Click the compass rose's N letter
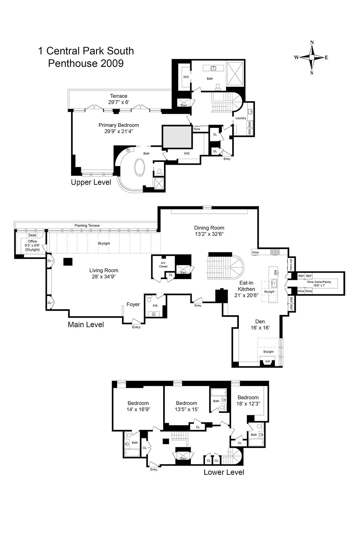[312, 43]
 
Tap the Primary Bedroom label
[118, 125]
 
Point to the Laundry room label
[241, 118]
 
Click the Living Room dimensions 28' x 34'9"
[104, 277]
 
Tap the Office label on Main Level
[32, 241]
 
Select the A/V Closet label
[163, 265]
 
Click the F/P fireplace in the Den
[268, 362]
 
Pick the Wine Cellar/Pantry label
[319, 282]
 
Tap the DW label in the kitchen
[275, 272]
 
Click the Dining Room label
[209, 228]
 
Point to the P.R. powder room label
[155, 306]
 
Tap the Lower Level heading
[224, 472]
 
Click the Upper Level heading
[91, 182]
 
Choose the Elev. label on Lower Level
[183, 458]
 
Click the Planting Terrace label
[87, 225]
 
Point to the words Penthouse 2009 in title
[86, 63]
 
